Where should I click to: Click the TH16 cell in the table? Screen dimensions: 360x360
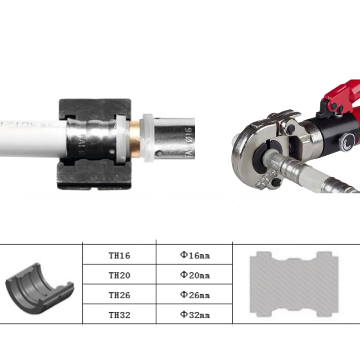119,256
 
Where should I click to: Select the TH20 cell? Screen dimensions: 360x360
119,275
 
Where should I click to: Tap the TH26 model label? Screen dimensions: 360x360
119,295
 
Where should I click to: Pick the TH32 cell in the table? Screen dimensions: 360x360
119,315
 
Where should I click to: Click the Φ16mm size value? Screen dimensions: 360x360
195,256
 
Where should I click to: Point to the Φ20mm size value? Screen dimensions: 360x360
195,275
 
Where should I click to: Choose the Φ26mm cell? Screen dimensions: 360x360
195,295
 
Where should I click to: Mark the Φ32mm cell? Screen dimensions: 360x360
195,315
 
